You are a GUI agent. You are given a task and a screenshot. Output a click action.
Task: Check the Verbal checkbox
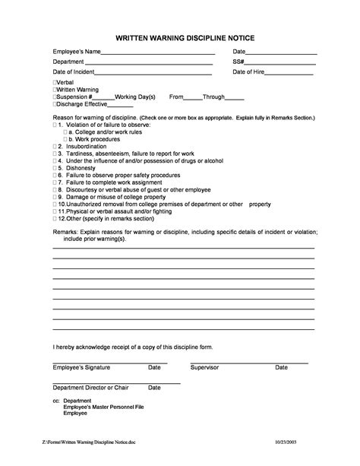[x=55, y=81]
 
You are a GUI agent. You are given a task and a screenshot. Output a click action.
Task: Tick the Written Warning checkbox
[x=55, y=90]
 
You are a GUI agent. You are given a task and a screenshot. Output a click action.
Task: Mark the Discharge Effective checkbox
[x=55, y=105]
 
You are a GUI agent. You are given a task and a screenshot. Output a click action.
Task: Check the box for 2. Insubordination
[x=55, y=146]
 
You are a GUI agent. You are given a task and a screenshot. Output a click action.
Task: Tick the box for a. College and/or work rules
[x=65, y=132]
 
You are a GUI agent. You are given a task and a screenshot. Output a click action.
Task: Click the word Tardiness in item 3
[x=80, y=153]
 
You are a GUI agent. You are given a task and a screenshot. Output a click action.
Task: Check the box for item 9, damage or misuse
[x=55, y=197]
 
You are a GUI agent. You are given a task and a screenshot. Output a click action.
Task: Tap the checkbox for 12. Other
[x=55, y=218]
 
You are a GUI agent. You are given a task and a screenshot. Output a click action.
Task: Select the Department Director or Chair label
[x=91, y=388]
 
